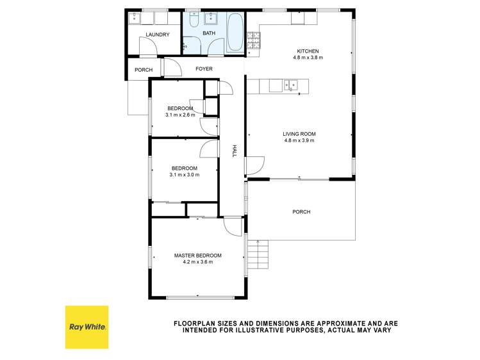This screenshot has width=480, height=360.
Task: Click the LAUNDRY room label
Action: pyautogui.click(x=158, y=35)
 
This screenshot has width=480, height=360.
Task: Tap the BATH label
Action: pyautogui.click(x=209, y=33)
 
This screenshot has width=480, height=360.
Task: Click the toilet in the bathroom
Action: pyautogui.click(x=195, y=19)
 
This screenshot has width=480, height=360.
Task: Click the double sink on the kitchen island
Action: pyautogui.click(x=290, y=84)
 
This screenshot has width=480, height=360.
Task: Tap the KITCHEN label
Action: pyautogui.click(x=308, y=51)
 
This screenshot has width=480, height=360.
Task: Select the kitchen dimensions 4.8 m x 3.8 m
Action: pyautogui.click(x=308, y=58)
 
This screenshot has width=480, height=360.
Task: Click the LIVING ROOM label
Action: pyautogui.click(x=300, y=134)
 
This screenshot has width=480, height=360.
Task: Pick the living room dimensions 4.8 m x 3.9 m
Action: pyautogui.click(x=300, y=140)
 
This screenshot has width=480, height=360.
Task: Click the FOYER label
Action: pyautogui.click(x=204, y=69)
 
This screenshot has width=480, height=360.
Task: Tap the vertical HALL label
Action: pyautogui.click(x=235, y=151)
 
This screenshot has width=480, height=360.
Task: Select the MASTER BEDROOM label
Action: pyautogui.click(x=198, y=255)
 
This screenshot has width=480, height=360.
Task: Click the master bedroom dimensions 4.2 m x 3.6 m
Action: pyautogui.click(x=198, y=261)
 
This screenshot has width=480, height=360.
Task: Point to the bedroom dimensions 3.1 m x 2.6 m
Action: pyautogui.click(x=180, y=115)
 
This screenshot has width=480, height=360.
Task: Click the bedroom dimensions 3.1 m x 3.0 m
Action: pyautogui.click(x=184, y=174)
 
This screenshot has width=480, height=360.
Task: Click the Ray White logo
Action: pyautogui.click(x=87, y=327)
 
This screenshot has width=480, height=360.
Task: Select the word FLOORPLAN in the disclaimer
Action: pyautogui.click(x=194, y=323)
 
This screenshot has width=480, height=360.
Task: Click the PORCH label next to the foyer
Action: pyautogui.click(x=144, y=70)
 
